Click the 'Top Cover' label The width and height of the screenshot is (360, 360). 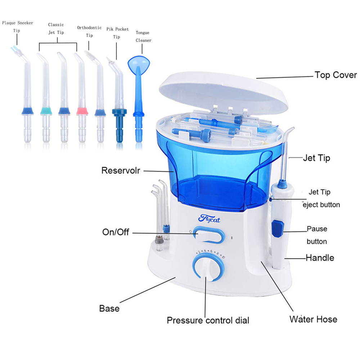click(336, 75)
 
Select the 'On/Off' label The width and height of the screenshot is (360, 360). click(116, 232)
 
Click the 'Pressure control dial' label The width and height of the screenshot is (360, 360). click(208, 320)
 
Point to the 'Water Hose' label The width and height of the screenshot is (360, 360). click(313, 319)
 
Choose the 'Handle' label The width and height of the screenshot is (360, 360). click(320, 258)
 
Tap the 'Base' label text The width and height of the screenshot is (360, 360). click(109, 309)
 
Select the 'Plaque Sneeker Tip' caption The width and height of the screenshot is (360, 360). click(17, 27)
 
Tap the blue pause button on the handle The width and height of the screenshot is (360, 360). click(277, 229)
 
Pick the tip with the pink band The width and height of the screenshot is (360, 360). click(82, 111)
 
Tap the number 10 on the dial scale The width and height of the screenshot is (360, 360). click(224, 257)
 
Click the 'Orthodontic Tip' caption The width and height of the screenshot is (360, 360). click(89, 31)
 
